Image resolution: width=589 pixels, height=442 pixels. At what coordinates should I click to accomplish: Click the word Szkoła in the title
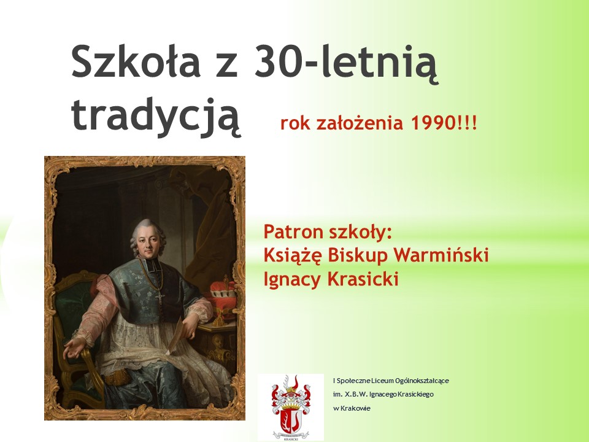pyautogui.click(x=136, y=61)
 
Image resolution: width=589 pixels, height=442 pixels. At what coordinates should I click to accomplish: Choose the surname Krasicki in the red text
pyautogui.click(x=363, y=279)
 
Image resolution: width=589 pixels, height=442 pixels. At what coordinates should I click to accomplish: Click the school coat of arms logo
pyautogui.click(x=291, y=407)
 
